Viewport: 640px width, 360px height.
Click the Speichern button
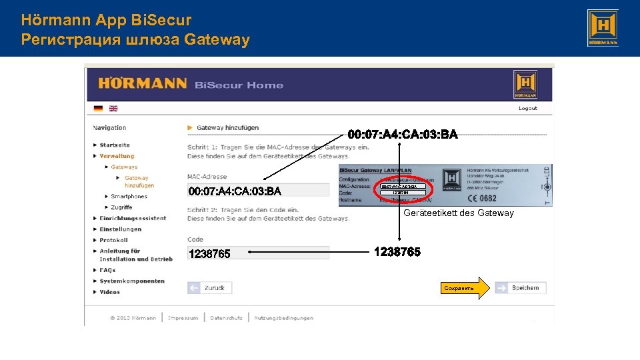click(520, 288)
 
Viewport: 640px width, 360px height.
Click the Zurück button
click(209, 288)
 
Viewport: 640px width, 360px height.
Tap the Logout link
click(528, 108)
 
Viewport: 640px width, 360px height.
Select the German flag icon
click(99, 108)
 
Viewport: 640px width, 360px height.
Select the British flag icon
click(113, 108)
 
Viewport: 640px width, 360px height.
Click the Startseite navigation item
click(115, 145)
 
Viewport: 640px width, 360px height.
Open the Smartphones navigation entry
click(129, 197)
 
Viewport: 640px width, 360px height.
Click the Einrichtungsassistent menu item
click(133, 218)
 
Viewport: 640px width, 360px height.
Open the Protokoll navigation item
click(114, 240)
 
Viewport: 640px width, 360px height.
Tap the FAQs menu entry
click(108, 270)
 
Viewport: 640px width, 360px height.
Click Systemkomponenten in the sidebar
click(132, 281)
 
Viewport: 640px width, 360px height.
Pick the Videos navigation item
click(110, 292)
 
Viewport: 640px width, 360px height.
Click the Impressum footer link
click(183, 318)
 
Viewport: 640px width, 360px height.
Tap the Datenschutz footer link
click(226, 318)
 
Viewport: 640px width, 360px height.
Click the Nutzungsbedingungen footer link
click(283, 318)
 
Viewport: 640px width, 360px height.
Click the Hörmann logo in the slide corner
click(602, 28)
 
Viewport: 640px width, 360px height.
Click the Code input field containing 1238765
click(258, 253)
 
